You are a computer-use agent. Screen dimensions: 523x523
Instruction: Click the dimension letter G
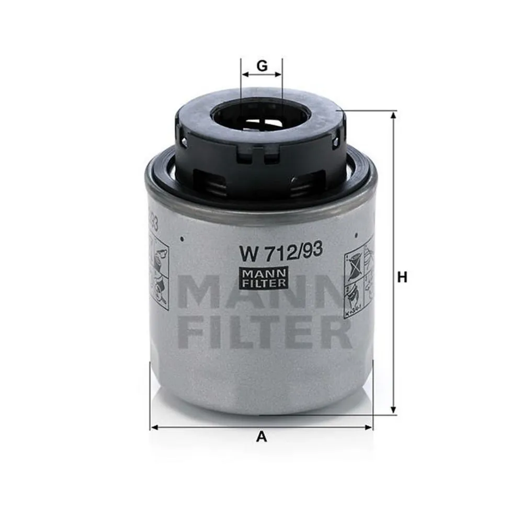tap(262, 66)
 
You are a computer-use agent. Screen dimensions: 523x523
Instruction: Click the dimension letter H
tap(402, 278)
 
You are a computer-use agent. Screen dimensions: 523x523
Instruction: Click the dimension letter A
tap(261, 438)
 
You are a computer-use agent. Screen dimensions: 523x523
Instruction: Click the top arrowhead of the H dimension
tap(393, 115)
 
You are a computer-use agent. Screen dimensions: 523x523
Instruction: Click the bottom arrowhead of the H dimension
tap(393, 412)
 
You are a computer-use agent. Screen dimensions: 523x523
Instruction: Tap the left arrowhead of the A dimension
tap(153, 427)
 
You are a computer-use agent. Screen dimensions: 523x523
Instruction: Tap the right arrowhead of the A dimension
tap(370, 427)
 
